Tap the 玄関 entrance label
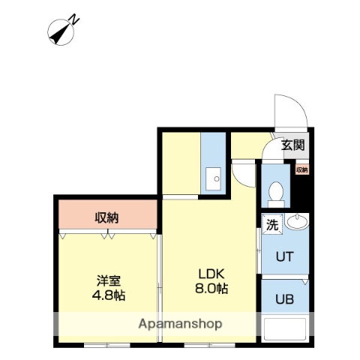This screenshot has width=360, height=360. (x=293, y=145)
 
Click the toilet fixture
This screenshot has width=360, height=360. (x=275, y=193)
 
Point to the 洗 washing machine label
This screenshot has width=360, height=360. (x=272, y=223)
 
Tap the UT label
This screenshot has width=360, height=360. (x=283, y=256)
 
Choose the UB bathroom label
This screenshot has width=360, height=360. (x=283, y=298)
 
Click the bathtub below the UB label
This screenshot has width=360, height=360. (x=286, y=331)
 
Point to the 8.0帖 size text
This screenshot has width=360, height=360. (x=213, y=288)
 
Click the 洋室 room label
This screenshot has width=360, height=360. (x=108, y=280)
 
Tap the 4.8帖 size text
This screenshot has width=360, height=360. (x=109, y=295)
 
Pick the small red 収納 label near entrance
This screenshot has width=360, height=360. (x=301, y=170)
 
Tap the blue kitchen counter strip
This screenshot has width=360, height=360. (x=212, y=161)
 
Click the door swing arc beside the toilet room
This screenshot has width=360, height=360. (x=244, y=174)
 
